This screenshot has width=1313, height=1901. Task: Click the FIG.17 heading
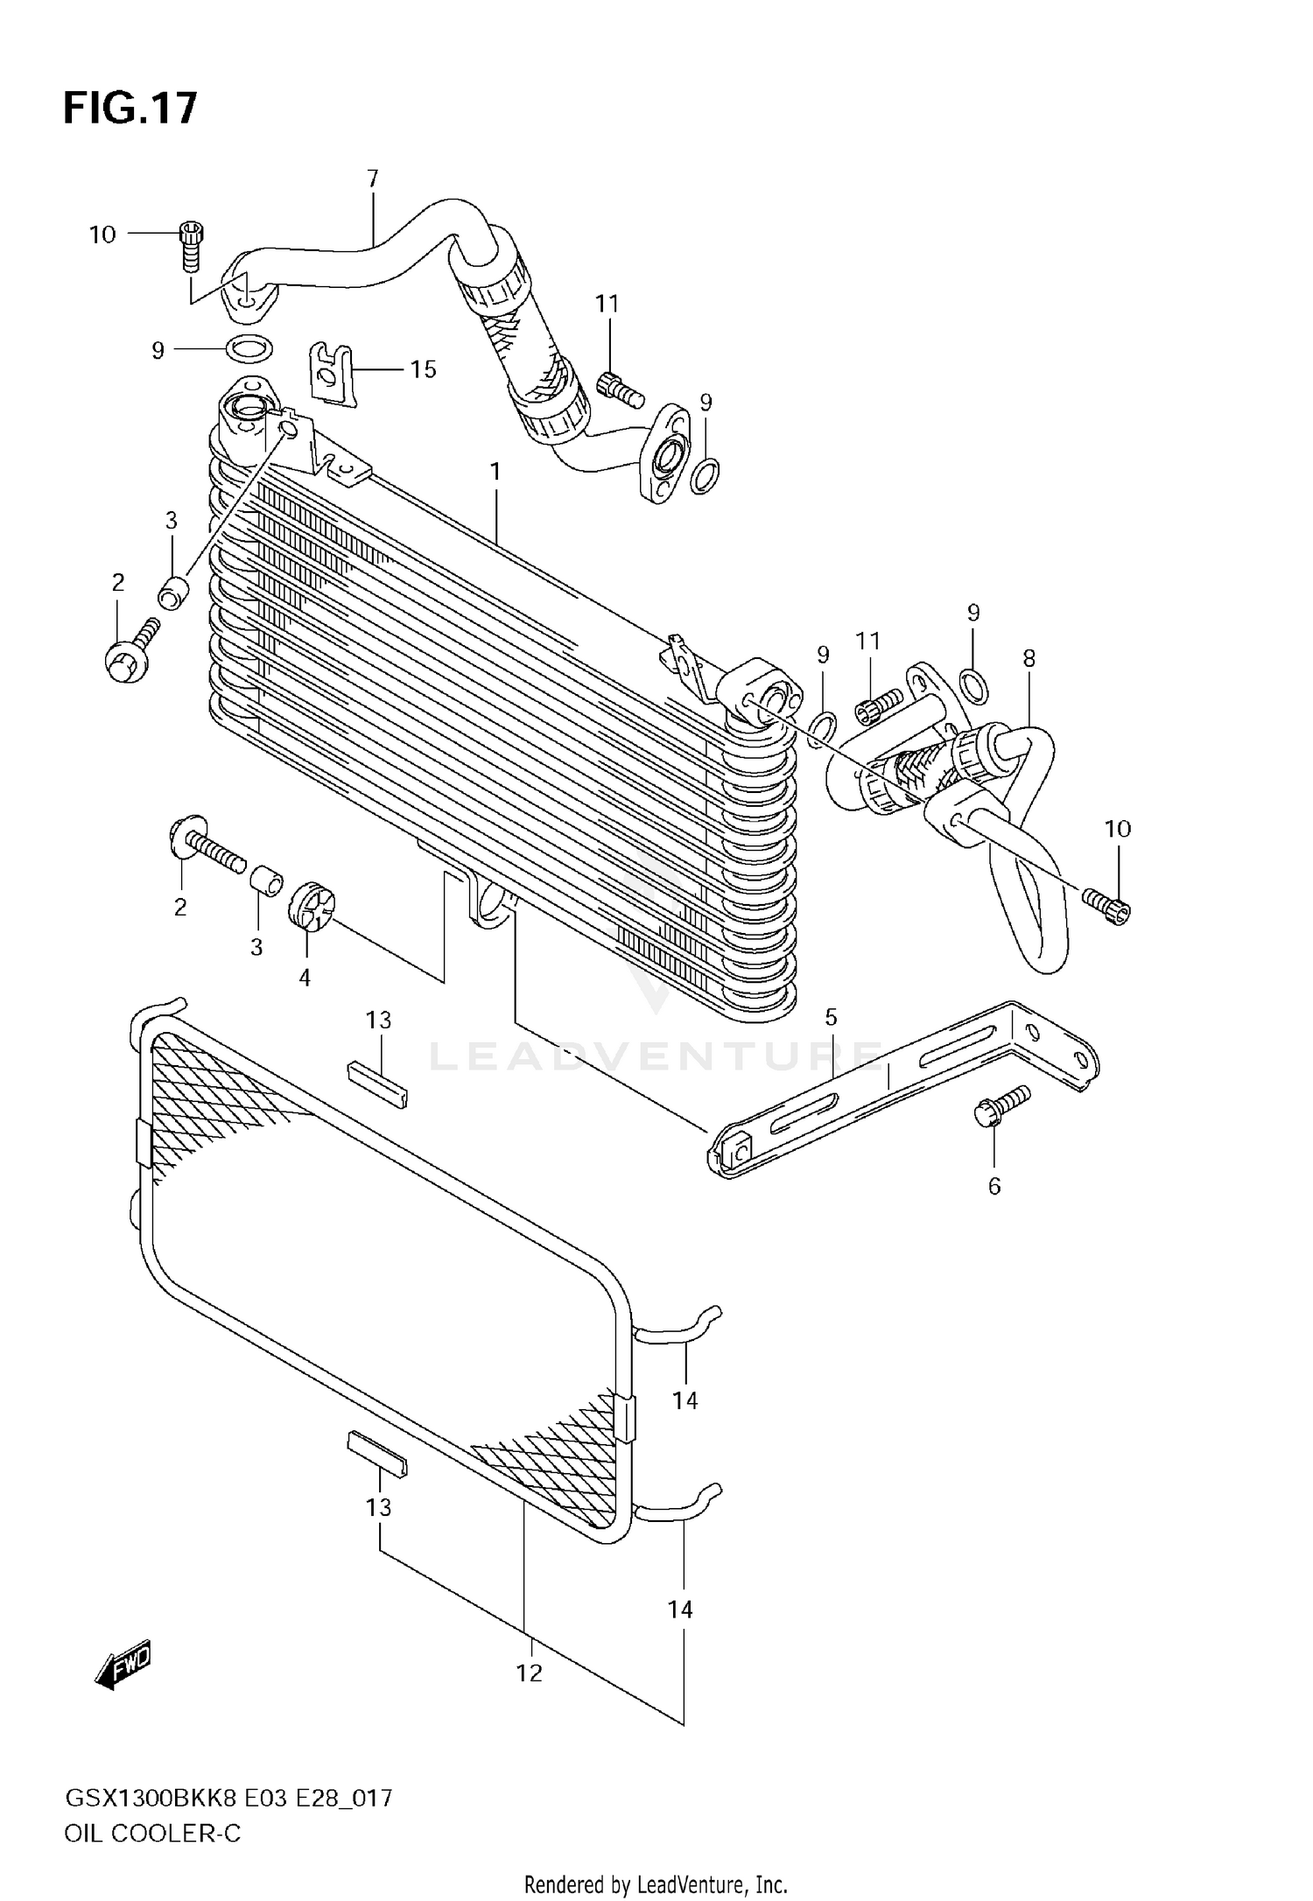point(130,109)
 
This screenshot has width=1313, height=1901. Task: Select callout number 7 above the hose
point(373,179)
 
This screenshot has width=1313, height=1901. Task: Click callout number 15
point(423,369)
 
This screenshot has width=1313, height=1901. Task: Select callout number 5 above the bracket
point(831,1017)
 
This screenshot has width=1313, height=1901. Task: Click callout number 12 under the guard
point(529,1673)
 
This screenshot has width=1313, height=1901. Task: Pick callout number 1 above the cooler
point(495,472)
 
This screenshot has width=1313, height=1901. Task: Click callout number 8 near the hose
point(1029,658)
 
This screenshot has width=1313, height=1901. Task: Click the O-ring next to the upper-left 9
point(249,349)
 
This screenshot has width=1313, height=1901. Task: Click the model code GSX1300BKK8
point(151,1799)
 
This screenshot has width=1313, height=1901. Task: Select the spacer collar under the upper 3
point(174,592)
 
